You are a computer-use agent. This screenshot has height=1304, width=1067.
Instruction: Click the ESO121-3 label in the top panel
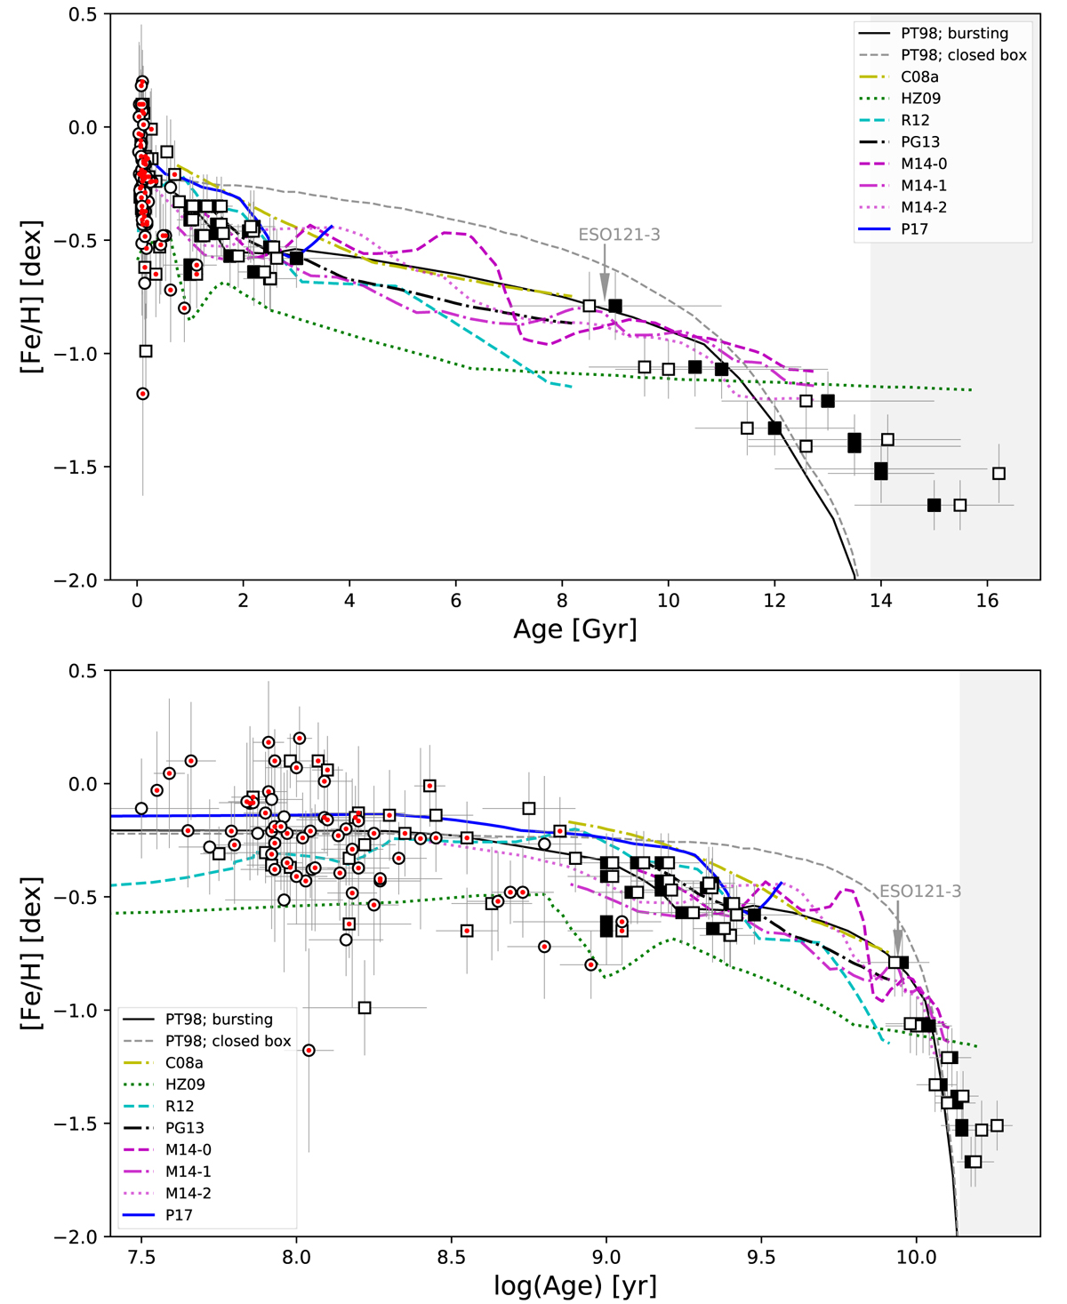619,235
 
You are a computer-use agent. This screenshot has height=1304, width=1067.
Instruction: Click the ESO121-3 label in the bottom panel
920,891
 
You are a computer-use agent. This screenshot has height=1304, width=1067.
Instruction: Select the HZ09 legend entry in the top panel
920,99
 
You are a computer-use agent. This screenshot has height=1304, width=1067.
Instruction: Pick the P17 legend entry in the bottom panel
179,1214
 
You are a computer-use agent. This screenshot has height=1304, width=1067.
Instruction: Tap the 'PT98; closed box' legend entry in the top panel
963,55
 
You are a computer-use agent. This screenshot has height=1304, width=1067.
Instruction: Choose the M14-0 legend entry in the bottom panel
188,1149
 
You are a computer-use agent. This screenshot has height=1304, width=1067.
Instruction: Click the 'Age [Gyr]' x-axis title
574,629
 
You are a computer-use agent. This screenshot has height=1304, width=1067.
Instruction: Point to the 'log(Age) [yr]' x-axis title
574,1285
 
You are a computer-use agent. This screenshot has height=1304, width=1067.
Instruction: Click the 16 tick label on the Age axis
987,601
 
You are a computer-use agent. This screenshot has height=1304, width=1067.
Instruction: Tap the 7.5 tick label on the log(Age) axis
141,1258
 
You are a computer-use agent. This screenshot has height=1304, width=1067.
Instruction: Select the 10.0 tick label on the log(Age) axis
916,1258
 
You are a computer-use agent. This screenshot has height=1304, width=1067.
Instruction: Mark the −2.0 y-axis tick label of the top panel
76,580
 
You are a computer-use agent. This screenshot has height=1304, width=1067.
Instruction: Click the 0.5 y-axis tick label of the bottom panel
83,671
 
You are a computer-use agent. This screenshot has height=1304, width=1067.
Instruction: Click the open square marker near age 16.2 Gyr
999,474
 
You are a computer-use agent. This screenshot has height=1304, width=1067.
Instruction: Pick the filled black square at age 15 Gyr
934,505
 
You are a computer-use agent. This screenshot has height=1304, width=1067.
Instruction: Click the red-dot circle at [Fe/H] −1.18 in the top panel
142,394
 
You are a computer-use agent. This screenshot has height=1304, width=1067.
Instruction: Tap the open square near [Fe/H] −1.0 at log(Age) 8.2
364,1008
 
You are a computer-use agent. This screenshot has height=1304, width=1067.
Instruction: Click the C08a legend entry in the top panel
919,76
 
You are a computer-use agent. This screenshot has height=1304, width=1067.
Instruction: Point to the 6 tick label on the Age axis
456,601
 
